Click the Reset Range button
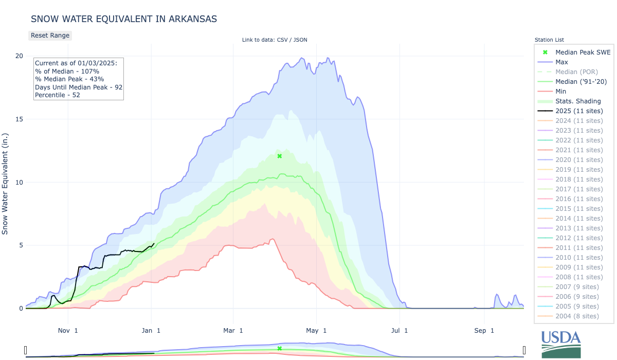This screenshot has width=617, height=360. click(49, 35)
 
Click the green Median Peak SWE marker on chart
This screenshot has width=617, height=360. click(280, 156)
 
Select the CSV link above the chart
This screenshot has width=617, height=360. click(282, 40)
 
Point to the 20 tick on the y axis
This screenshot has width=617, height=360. click(20, 56)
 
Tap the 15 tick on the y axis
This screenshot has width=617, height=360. click(20, 119)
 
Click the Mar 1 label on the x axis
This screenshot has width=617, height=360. click(233, 330)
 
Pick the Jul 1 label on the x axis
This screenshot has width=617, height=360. click(400, 330)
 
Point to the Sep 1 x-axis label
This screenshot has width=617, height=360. click(484, 330)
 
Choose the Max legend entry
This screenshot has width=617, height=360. click(561, 62)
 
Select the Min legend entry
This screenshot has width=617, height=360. click(561, 91)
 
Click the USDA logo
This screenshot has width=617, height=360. click(560, 344)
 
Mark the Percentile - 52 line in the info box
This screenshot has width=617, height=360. click(58, 95)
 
